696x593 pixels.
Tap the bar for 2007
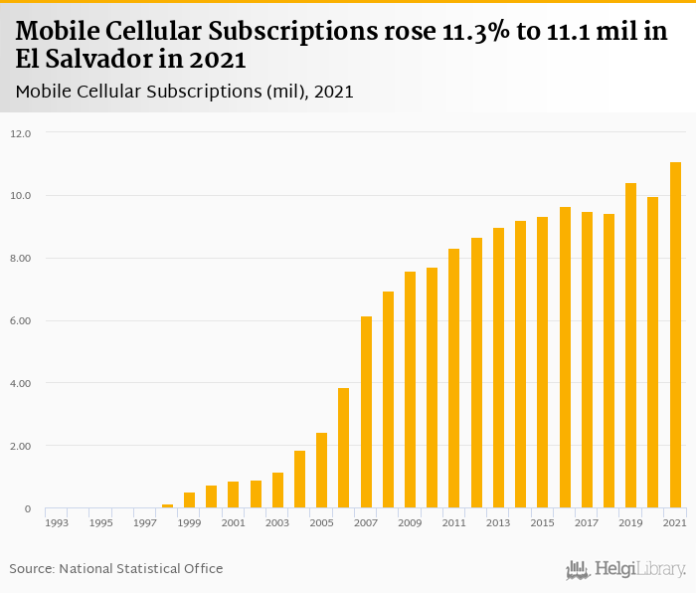(366, 413)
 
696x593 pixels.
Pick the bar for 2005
(322, 471)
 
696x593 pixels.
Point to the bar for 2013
(498, 368)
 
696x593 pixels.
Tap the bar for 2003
(277, 491)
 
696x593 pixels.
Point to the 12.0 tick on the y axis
(21, 133)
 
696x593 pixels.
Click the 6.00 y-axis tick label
(21, 321)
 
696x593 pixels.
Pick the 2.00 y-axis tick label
(21, 447)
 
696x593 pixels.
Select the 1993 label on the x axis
(57, 522)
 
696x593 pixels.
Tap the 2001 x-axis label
(234, 522)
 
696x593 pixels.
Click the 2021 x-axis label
(675, 522)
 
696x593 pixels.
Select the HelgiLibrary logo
(626, 569)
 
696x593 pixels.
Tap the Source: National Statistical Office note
(116, 569)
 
